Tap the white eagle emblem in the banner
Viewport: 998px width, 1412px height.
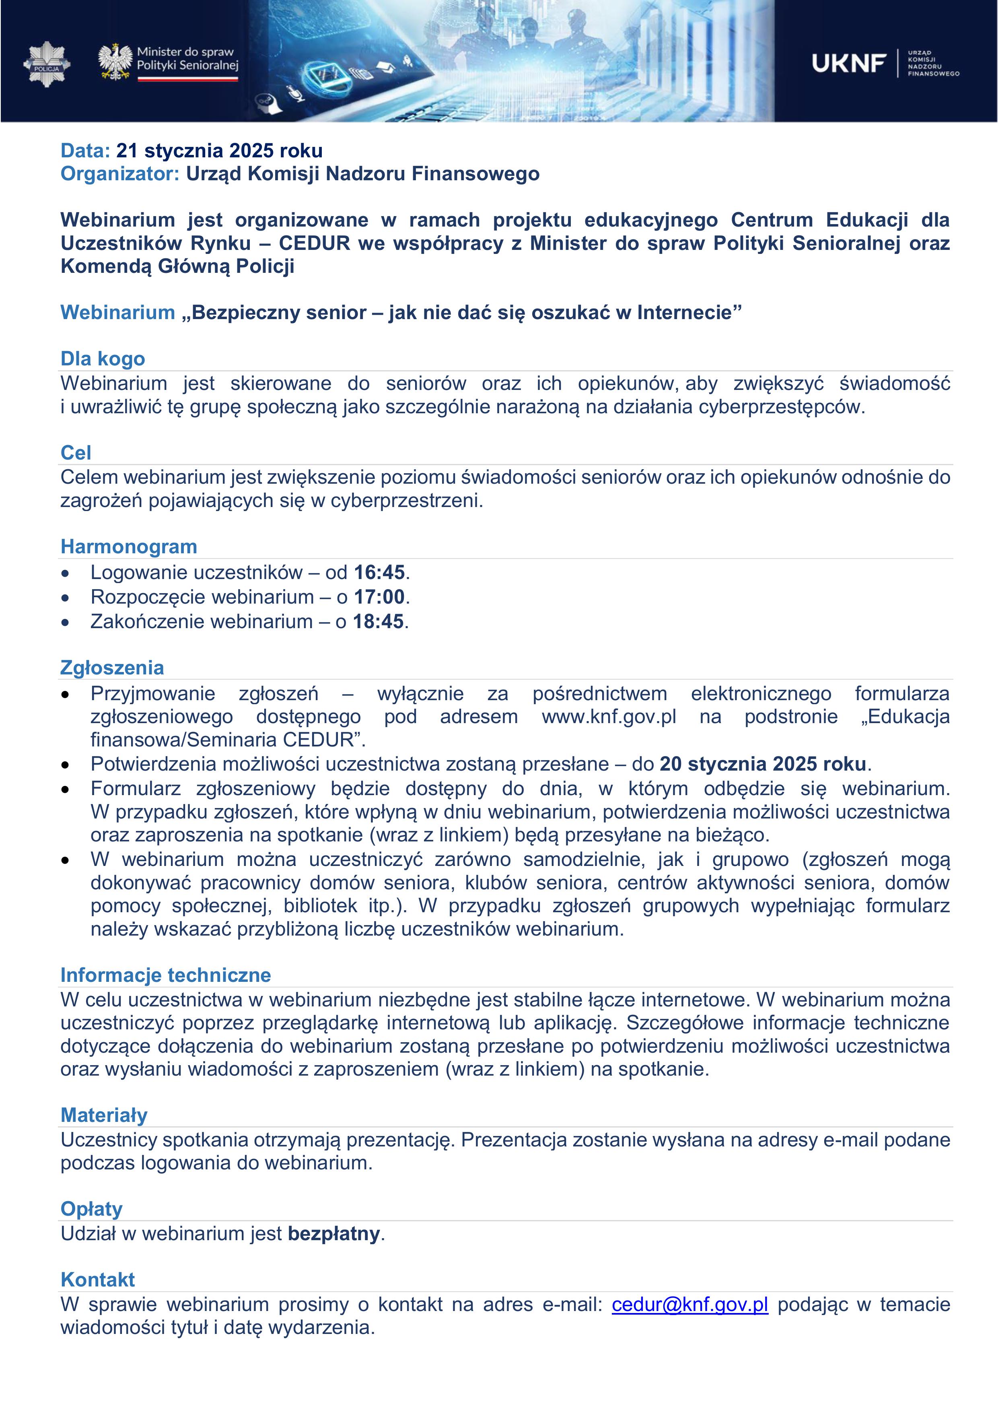coord(115,62)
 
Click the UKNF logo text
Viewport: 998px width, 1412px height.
coord(849,63)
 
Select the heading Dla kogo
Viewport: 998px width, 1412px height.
coord(103,359)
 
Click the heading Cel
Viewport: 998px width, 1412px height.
coord(76,453)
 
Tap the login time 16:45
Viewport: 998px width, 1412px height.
coord(379,573)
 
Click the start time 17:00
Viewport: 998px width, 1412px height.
coord(379,597)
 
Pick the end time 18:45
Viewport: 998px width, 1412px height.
coord(378,622)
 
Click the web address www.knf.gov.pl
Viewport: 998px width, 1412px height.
coord(609,716)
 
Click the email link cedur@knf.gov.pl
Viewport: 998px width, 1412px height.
coord(690,1305)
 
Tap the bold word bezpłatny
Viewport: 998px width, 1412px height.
coord(333,1234)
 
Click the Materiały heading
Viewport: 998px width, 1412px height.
coord(104,1115)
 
